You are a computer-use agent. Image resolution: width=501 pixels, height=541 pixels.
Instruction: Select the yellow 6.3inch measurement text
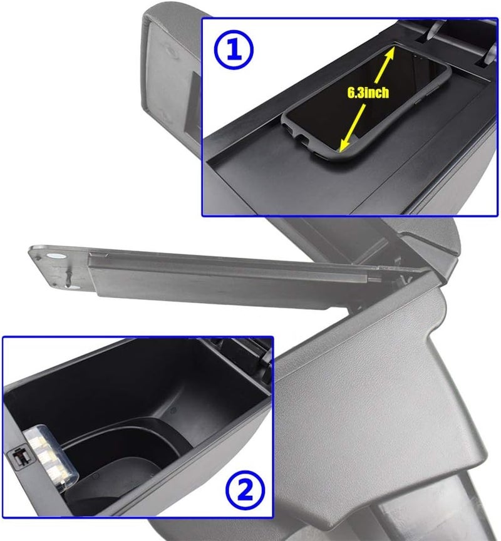pos(368,93)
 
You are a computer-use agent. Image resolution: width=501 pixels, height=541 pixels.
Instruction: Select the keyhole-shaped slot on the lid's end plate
pos(68,276)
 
